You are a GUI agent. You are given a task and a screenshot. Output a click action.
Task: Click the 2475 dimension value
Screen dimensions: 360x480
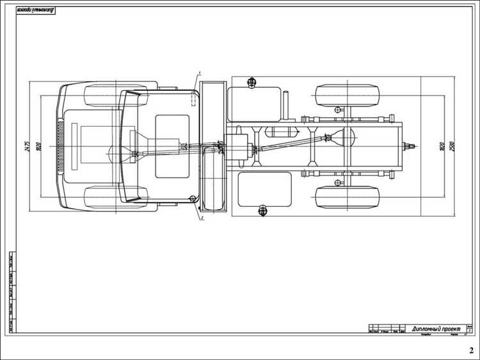pos(28,147)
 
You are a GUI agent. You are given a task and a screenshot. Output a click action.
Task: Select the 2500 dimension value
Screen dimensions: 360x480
pos(451,147)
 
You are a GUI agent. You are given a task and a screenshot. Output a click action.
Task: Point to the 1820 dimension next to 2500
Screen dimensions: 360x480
pos(441,147)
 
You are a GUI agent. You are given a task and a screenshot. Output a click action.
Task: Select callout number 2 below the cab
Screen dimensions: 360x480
pos(202,218)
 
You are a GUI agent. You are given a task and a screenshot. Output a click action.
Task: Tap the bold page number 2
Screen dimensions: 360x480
pos(470,350)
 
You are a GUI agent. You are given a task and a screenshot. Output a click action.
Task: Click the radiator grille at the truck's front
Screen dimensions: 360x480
pos(61,147)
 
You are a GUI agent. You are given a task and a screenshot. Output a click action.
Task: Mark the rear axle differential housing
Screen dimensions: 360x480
pos(336,136)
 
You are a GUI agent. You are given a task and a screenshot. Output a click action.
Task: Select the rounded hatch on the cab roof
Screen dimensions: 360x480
pos(173,146)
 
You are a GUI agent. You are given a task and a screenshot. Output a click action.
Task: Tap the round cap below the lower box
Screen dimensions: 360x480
pos(262,211)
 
